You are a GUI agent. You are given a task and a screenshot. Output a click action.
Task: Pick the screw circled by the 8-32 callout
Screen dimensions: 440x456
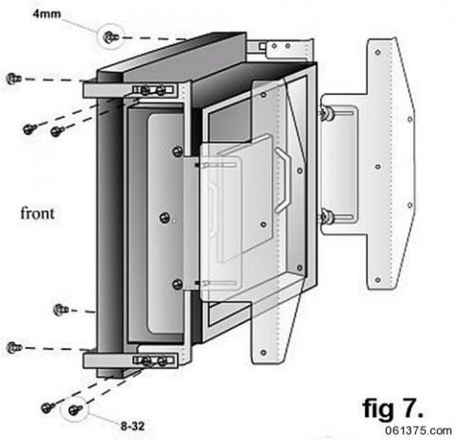tap(74, 410)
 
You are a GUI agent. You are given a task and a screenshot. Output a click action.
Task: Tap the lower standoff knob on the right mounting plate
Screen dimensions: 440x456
tap(326, 218)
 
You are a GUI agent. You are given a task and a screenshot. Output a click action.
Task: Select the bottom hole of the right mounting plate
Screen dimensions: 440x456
tap(379, 282)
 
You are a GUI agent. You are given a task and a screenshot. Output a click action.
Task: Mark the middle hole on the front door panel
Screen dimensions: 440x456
tap(165, 217)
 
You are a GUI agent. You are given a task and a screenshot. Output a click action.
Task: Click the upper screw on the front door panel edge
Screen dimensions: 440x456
tap(178, 151)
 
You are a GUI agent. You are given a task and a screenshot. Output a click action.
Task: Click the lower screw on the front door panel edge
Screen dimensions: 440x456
tap(178, 284)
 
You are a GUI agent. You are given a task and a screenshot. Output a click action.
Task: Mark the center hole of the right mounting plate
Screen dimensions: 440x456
tap(378, 166)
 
